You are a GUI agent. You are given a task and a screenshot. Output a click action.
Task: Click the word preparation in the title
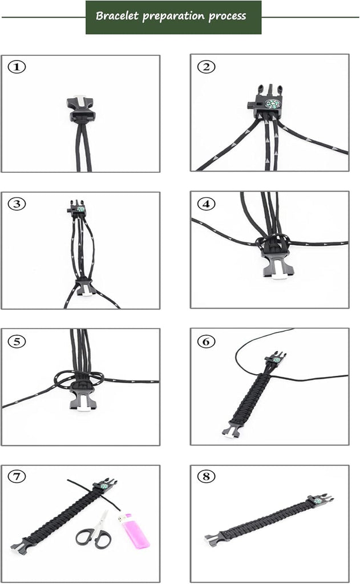point(173,17)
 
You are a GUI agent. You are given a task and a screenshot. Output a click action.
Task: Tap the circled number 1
point(17,67)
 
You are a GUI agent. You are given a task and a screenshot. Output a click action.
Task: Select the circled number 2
point(206,67)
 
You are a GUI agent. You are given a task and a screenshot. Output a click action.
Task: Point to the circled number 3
point(17,204)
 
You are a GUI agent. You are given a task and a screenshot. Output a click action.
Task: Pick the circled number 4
point(206,204)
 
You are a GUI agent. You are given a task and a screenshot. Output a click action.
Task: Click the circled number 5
point(17,341)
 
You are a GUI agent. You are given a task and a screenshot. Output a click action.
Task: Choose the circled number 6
point(206,341)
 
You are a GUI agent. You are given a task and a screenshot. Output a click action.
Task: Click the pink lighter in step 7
point(134,531)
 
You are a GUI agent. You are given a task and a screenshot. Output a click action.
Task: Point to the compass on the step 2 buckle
point(272,104)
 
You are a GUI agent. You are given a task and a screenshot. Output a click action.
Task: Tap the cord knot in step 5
point(79,380)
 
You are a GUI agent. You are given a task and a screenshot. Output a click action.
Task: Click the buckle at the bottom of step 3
point(84,288)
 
